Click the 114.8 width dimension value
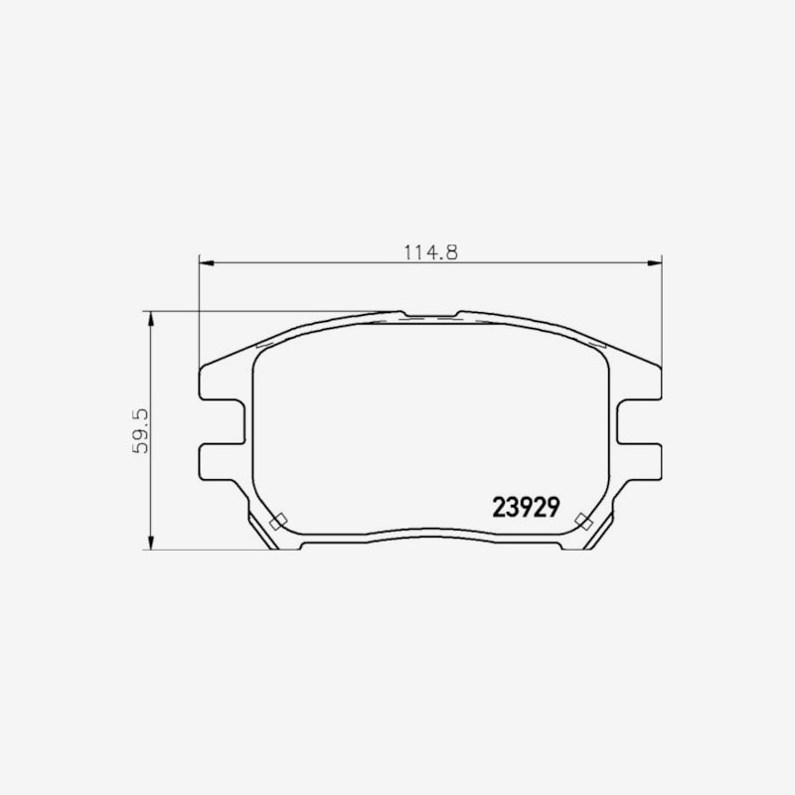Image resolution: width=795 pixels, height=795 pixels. click(x=430, y=252)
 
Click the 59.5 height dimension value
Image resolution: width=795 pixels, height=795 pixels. click(x=140, y=430)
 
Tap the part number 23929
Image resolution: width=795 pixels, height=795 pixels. click(x=527, y=507)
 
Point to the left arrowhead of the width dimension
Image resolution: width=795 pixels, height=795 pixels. click(x=207, y=262)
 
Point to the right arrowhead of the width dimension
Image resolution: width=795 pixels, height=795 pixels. click(x=655, y=262)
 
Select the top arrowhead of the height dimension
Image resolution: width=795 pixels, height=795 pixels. click(x=150, y=319)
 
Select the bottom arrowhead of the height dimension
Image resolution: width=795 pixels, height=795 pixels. click(x=150, y=542)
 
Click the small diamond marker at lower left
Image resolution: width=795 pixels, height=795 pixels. click(x=278, y=521)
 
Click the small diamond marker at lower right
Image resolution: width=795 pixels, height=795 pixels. click(x=584, y=521)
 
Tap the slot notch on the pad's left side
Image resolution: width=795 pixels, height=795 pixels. click(x=223, y=421)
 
